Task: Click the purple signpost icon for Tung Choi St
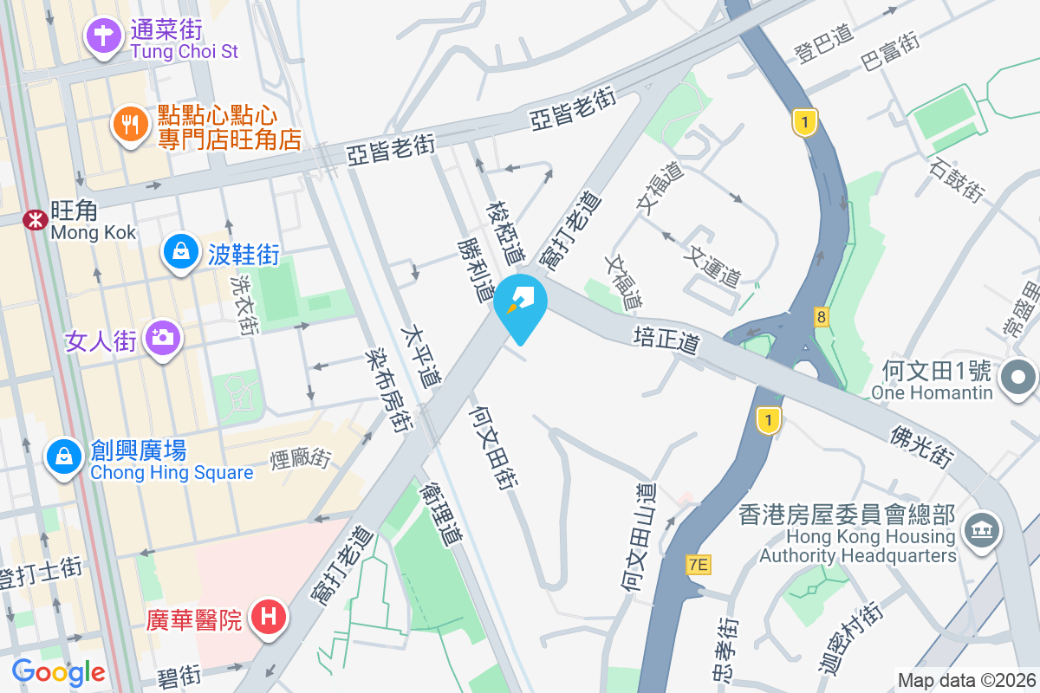tap(103, 37)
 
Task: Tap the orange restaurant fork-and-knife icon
tap(130, 125)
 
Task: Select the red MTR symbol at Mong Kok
tap(36, 220)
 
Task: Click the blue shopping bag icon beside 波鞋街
tap(180, 253)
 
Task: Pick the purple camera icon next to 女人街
tap(161, 337)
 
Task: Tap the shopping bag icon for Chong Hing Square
tap(64, 456)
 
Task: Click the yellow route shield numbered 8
tap(821, 317)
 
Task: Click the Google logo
tap(58, 672)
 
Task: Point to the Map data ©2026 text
tap(966, 681)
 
